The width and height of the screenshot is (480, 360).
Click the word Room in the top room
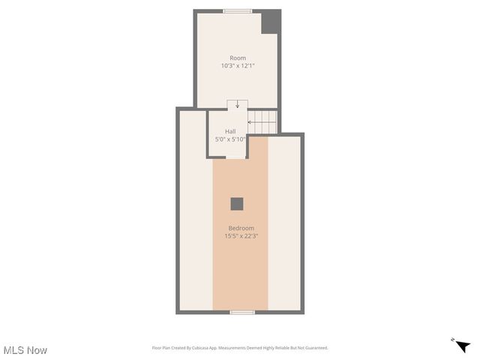click(x=238, y=58)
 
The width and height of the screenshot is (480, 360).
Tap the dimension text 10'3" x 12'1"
click(x=238, y=66)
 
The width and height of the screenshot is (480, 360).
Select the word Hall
click(x=230, y=131)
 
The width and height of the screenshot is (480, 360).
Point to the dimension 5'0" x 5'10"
click(x=230, y=139)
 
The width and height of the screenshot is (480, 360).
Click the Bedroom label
click(x=241, y=228)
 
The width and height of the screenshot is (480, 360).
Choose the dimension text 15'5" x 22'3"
click(x=241, y=235)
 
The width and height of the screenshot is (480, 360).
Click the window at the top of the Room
click(x=238, y=11)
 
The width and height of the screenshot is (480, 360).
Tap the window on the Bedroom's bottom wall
click(x=241, y=312)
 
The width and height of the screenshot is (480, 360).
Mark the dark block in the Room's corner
click(x=270, y=22)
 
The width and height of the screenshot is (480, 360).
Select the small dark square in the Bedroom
click(x=237, y=203)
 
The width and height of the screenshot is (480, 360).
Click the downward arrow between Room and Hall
click(x=238, y=104)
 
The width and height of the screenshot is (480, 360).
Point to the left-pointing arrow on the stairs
click(x=251, y=121)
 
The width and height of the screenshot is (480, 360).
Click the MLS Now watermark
click(x=25, y=350)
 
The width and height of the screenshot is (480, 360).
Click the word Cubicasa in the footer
click(x=202, y=348)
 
